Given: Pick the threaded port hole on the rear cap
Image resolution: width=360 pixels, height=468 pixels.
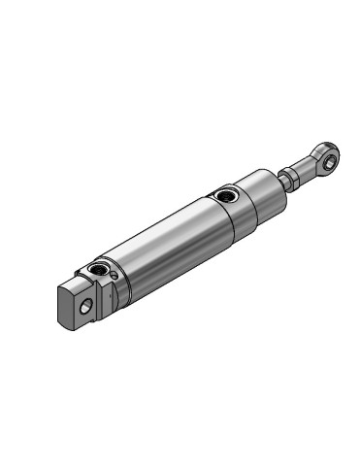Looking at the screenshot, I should (98, 266).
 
